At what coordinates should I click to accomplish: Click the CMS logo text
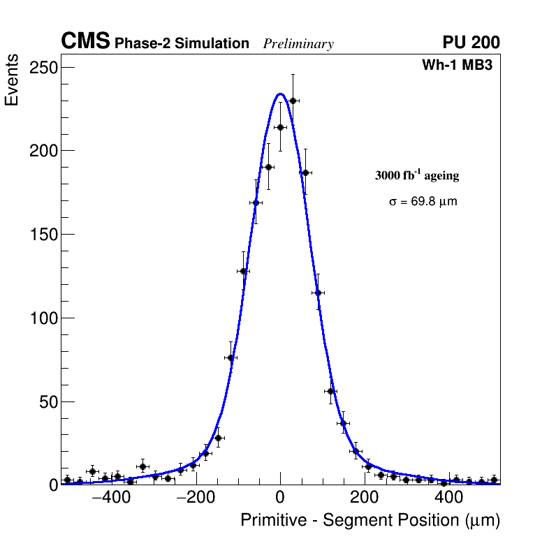click(x=85, y=42)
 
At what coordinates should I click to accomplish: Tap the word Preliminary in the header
click(x=298, y=44)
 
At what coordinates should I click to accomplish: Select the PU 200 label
click(x=471, y=43)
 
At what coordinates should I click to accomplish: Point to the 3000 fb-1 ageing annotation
click(x=417, y=175)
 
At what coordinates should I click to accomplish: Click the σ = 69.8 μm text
click(x=423, y=202)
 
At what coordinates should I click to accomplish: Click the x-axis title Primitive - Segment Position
click(x=370, y=520)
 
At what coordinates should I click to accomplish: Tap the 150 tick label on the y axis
click(x=43, y=234)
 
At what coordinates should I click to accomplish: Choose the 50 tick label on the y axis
click(x=47, y=401)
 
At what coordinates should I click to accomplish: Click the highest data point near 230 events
click(x=293, y=101)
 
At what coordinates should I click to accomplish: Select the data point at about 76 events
click(x=231, y=357)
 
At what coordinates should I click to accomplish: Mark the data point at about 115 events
click(x=318, y=293)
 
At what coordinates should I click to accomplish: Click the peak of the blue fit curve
click(x=280, y=94)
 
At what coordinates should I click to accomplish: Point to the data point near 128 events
click(x=243, y=271)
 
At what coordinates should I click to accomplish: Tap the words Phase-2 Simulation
click(x=182, y=44)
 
